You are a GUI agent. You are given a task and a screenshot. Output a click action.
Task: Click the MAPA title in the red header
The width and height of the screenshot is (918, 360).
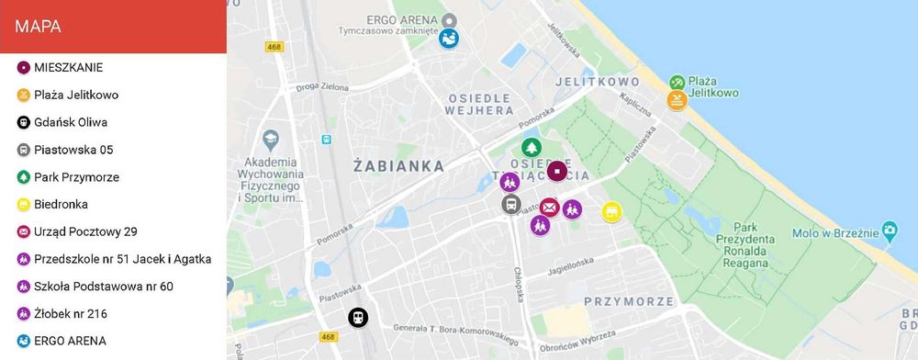tap(39, 27)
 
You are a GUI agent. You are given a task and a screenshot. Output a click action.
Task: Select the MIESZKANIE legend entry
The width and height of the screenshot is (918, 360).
tap(68, 67)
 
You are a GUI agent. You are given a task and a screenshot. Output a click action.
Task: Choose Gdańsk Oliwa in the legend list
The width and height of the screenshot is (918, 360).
tap(71, 122)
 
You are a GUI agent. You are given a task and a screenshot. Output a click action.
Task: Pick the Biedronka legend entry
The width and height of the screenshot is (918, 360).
tap(61, 204)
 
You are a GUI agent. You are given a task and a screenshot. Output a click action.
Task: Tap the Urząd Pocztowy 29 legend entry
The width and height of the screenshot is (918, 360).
tap(85, 231)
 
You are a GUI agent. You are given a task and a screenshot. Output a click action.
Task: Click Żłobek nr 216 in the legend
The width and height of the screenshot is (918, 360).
tap(70, 313)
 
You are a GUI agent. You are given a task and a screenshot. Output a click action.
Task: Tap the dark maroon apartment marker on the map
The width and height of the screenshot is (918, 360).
tap(557, 171)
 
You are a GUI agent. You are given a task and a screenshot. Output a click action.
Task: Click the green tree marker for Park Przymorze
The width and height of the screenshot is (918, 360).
tap(531, 148)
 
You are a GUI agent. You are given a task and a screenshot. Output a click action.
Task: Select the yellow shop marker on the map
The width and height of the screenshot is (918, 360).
tap(611, 212)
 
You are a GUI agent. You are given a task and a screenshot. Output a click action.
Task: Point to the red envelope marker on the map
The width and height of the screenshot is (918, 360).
tap(549, 208)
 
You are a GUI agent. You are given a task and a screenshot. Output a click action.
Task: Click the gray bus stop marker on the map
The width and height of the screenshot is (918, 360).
tap(511, 205)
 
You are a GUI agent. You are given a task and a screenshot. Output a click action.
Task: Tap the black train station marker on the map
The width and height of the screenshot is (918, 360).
tap(358, 318)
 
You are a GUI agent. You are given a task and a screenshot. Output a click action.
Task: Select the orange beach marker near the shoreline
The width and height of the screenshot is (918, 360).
tap(677, 100)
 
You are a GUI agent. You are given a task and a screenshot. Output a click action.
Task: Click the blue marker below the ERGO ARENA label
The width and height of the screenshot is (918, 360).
tap(449, 39)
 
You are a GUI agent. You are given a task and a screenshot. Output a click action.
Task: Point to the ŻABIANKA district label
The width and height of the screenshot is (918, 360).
tap(398, 166)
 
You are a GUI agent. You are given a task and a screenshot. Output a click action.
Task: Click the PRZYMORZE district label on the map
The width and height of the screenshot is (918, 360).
tap(629, 300)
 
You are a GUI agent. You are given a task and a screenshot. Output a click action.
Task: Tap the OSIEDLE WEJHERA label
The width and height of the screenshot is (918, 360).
tap(480, 104)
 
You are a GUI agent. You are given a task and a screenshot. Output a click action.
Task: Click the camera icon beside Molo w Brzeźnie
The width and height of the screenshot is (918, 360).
tap(888, 230)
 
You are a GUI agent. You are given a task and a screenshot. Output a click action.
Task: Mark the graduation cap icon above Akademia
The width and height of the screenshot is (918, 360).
tap(271, 139)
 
